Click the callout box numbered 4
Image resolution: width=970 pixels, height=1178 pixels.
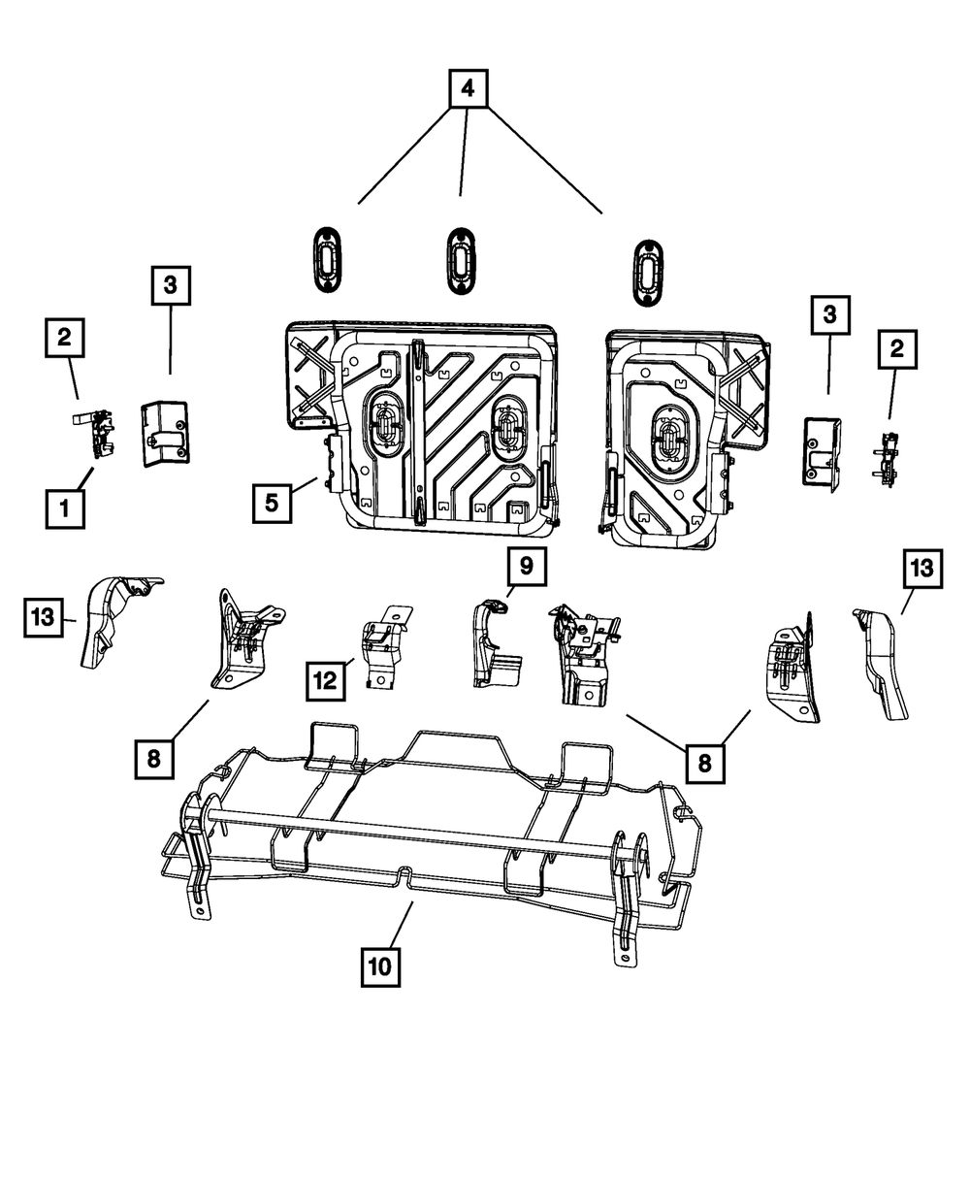(467, 90)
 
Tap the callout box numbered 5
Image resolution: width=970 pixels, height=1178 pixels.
(272, 503)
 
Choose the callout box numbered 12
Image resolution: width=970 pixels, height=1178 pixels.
(327, 680)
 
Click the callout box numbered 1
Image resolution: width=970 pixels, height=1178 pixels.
(65, 507)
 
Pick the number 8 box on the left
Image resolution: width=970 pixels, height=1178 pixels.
(154, 758)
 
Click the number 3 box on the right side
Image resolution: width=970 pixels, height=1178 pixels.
(830, 316)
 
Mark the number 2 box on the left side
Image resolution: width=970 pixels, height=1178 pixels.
(64, 338)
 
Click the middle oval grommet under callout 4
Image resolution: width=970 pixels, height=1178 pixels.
(459, 258)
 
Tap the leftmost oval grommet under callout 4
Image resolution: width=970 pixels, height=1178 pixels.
(327, 256)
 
